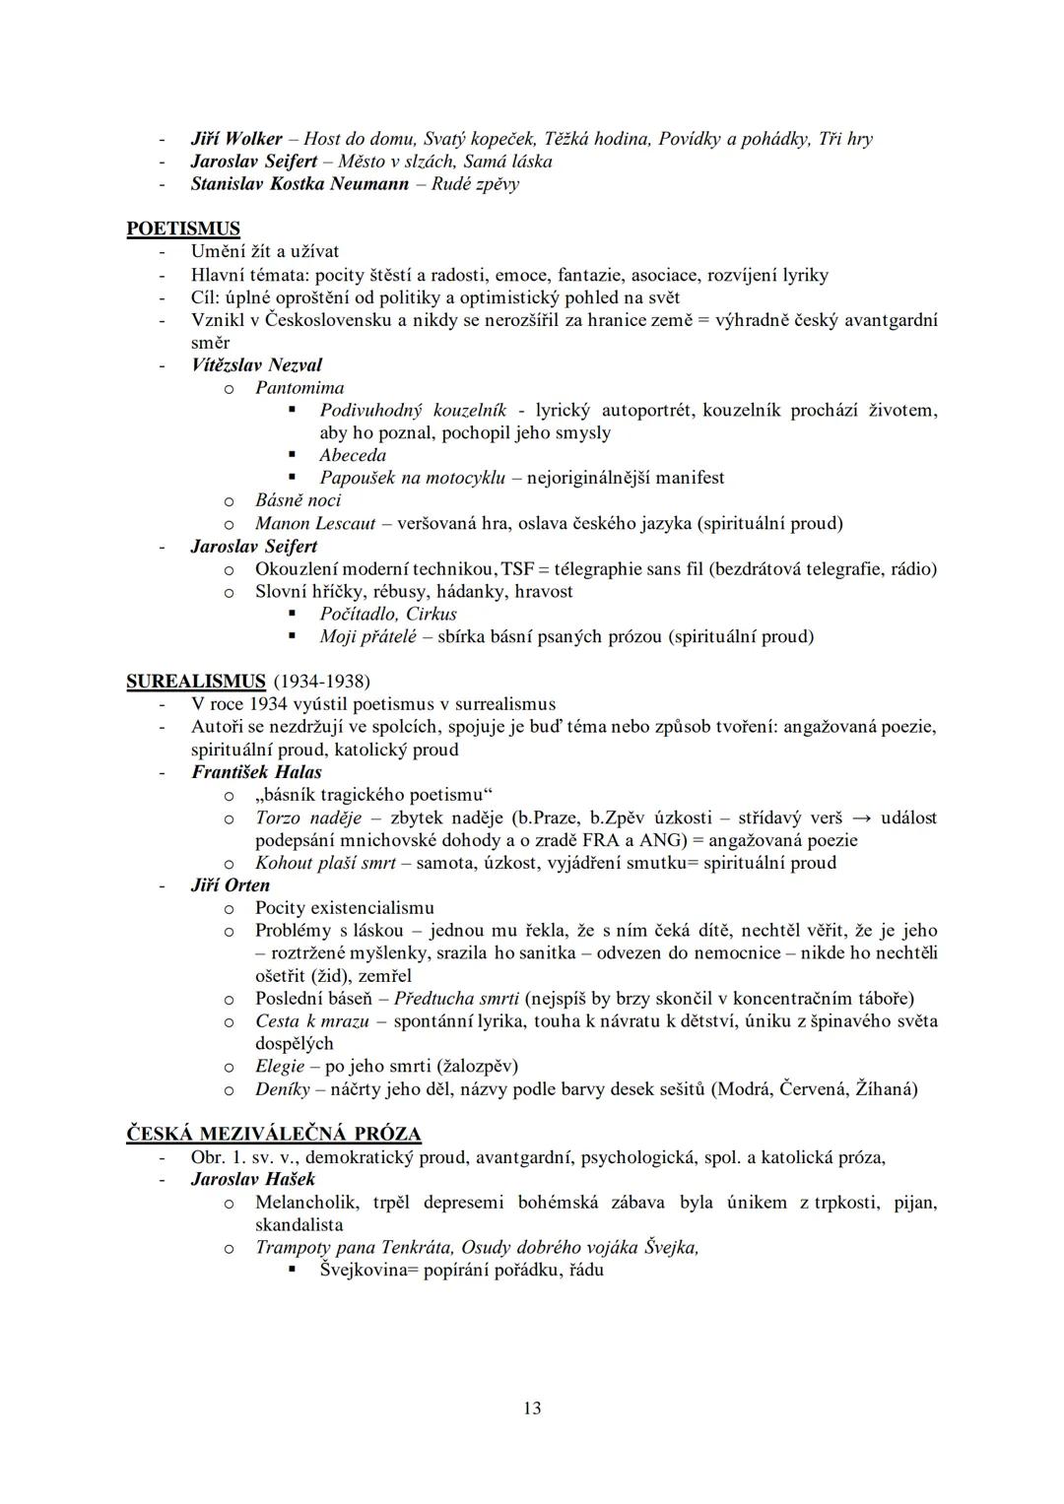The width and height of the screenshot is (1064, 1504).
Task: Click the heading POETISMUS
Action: point(183,229)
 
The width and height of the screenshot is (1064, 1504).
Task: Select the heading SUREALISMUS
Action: point(196,681)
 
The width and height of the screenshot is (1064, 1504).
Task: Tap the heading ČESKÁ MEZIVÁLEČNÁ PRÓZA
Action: point(274,1134)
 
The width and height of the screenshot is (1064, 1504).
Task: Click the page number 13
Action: point(532,1407)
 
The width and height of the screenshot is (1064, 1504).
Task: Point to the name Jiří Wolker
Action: point(236,139)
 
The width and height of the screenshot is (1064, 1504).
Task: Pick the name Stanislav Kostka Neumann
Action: point(299,184)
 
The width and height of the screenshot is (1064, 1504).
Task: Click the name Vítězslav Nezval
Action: point(256,365)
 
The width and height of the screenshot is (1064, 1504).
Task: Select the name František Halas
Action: point(256,772)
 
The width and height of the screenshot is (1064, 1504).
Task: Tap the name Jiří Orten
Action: point(230,884)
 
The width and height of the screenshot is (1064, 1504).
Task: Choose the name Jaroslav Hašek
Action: point(253,1179)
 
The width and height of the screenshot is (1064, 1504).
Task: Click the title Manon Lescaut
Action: point(315,524)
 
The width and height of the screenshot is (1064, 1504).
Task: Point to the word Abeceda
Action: point(353,455)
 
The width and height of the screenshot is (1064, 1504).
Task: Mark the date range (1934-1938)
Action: point(321,682)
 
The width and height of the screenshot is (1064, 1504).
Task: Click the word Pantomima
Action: point(299,388)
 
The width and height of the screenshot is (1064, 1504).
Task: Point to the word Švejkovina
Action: point(365,1271)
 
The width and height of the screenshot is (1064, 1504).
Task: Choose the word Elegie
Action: point(280,1067)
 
